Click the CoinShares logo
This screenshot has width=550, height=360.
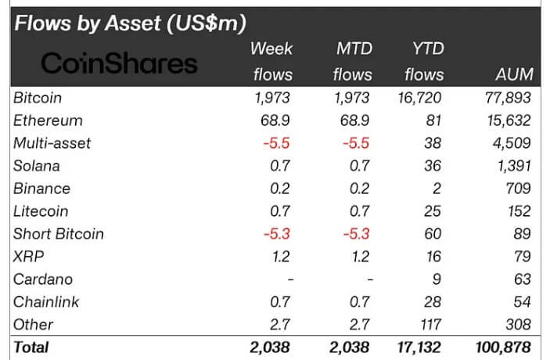pyautogui.click(x=119, y=63)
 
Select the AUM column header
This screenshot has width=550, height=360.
pyautogui.click(x=514, y=74)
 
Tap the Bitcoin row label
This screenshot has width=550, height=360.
pyautogui.click(x=38, y=98)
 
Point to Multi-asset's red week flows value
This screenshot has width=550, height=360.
pyautogui.click(x=277, y=143)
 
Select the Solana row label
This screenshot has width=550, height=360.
pyautogui.click(x=37, y=166)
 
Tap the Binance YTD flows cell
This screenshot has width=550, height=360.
pyautogui.click(x=437, y=189)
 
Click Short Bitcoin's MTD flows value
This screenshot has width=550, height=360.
pyautogui.click(x=354, y=234)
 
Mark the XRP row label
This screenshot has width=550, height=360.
pyautogui.click(x=28, y=256)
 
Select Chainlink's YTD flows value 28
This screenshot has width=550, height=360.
pyautogui.click(x=434, y=301)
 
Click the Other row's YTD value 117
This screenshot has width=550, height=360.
pyautogui.click(x=431, y=324)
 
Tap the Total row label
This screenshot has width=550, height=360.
pyautogui.click(x=31, y=347)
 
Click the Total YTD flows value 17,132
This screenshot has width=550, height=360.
pyautogui.click(x=419, y=347)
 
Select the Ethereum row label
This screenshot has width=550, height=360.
pyautogui.click(x=48, y=121)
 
